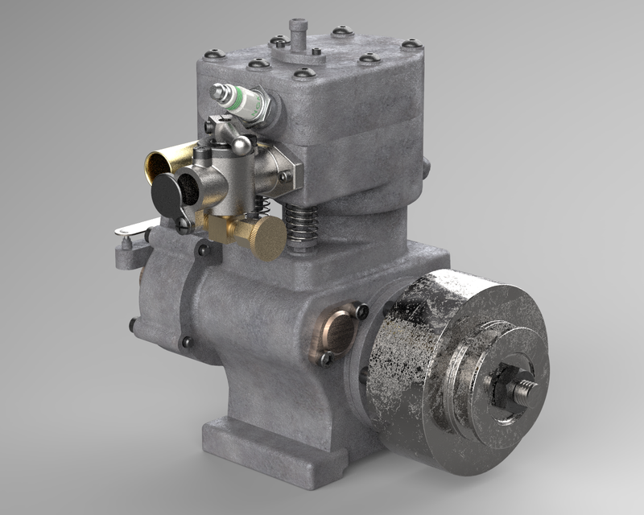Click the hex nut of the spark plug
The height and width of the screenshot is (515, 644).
coord(261,105)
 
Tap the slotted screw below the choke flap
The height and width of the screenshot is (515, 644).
coord(184,223)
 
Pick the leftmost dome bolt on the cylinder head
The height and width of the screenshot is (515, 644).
coord(215,55)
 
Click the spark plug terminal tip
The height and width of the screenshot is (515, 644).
coord(217,91)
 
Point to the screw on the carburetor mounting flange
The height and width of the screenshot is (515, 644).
coord(283,176)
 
